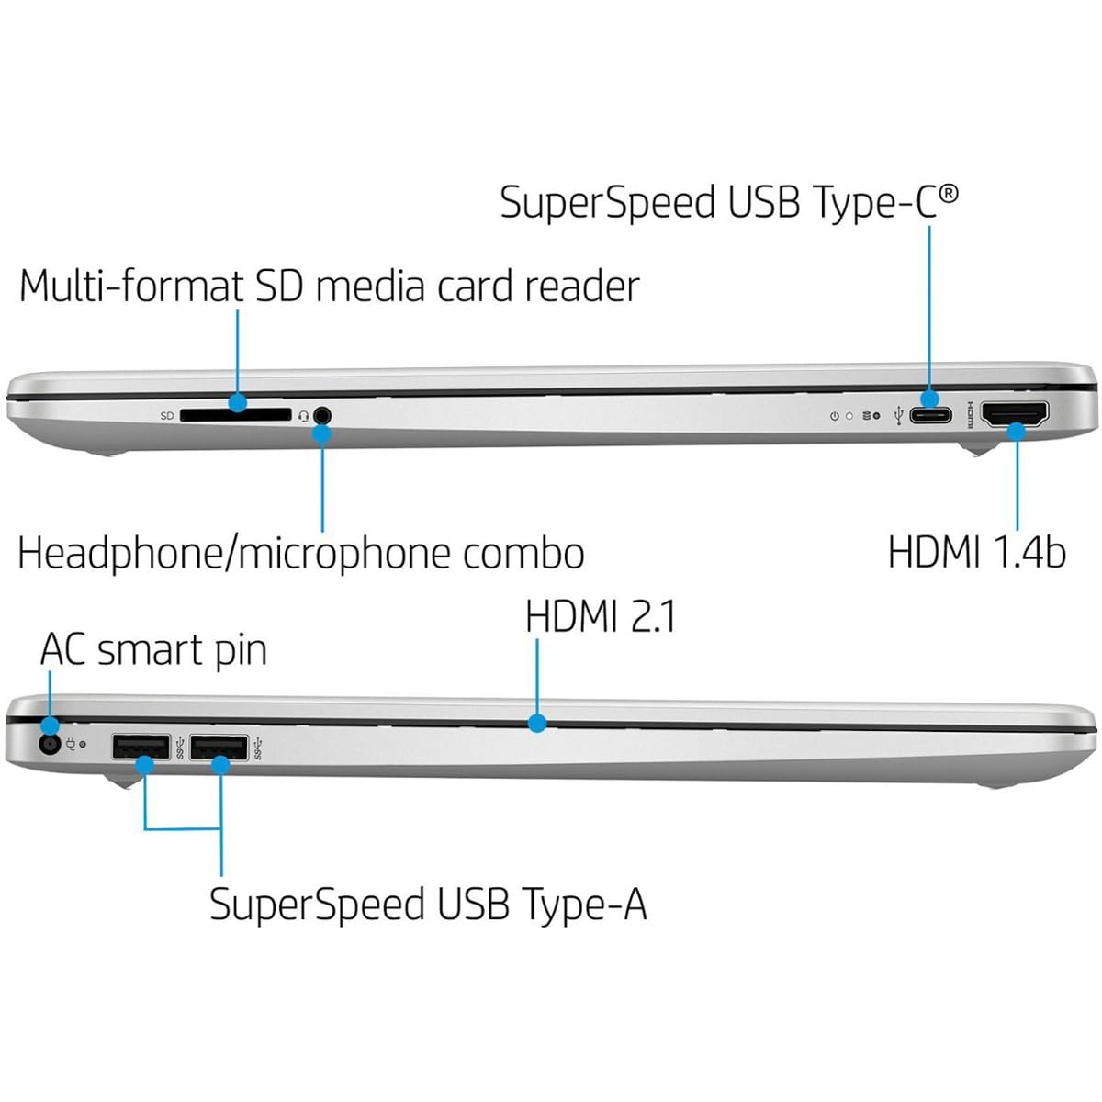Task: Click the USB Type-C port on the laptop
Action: (930, 415)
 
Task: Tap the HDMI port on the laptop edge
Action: (1015, 415)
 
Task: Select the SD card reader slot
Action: (235, 415)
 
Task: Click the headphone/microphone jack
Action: (321, 415)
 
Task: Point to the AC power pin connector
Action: (49, 745)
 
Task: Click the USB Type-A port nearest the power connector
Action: (141, 747)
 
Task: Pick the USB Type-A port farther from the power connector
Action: (219, 747)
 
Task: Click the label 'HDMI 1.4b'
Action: (976, 553)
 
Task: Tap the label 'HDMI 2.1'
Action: (601, 616)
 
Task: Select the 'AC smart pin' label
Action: (153, 650)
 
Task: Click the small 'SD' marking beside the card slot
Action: (167, 416)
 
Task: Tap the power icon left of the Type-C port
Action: (834, 416)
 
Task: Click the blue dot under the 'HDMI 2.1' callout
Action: (537, 723)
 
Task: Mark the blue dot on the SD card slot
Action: (238, 402)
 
